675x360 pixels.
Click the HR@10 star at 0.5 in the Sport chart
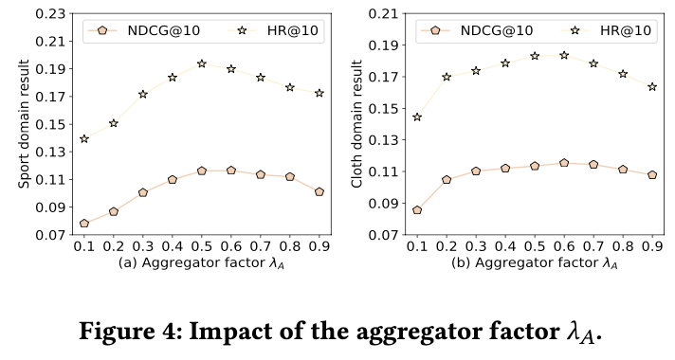pos(202,63)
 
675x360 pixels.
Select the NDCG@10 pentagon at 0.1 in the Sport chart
pos(84,224)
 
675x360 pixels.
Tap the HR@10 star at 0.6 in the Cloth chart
pos(564,55)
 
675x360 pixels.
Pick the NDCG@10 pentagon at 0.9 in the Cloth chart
pos(652,174)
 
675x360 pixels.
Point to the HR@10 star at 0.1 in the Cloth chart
pos(417,117)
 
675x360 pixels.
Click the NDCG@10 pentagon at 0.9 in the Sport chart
pos(319,191)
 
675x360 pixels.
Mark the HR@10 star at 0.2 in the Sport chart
pos(114,123)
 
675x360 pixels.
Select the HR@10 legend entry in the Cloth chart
pos(606,30)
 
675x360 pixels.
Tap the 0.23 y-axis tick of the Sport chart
pos(51,14)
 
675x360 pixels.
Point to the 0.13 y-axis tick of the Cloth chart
pos(384,140)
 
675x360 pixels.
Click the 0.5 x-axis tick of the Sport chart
pos(202,246)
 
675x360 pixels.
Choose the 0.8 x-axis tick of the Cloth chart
pos(623,246)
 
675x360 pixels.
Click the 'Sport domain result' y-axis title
pos(24,124)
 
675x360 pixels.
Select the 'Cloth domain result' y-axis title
pos(356,124)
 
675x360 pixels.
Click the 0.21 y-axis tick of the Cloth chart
pos(384,14)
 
